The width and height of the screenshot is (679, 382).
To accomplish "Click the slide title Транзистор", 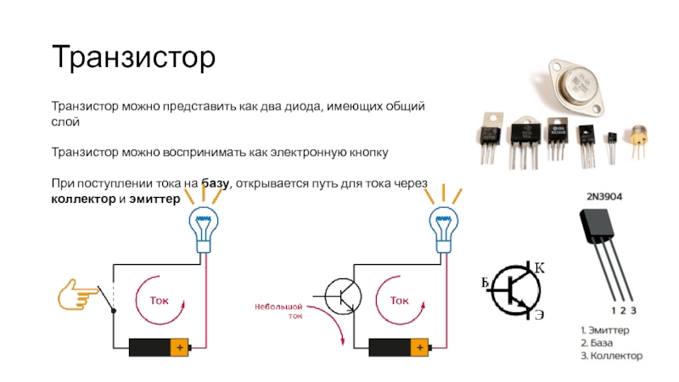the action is click(134, 58).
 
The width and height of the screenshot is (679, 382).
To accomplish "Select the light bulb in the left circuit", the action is click(204, 229).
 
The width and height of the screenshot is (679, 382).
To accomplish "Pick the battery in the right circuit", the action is click(400, 346).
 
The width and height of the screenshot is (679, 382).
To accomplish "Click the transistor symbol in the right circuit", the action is click(342, 297).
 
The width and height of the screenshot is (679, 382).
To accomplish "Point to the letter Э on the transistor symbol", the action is click(539, 315).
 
